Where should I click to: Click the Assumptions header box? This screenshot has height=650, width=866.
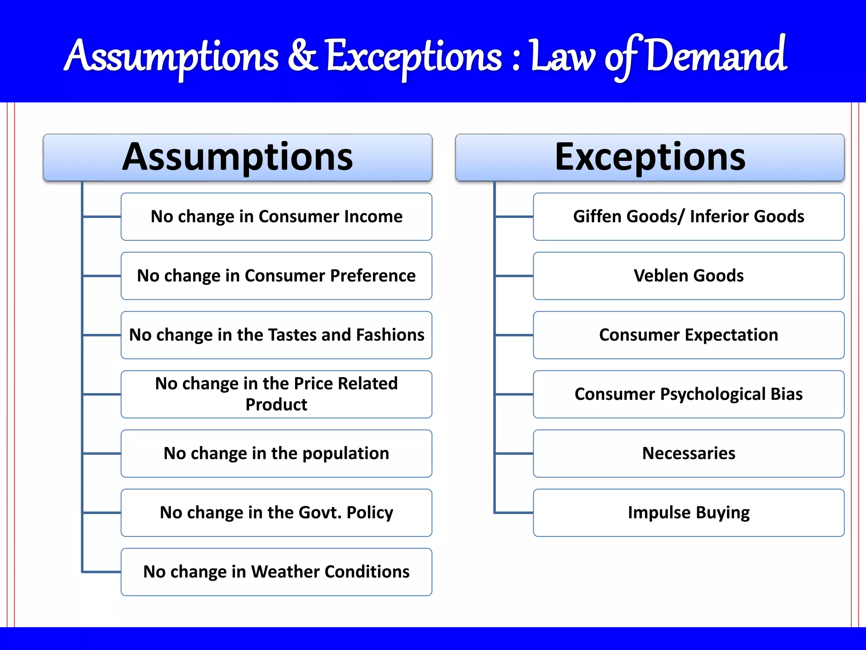[x=238, y=157]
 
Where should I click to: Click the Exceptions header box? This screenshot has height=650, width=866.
[x=649, y=157]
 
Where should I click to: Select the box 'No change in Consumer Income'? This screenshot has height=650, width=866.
[x=277, y=217]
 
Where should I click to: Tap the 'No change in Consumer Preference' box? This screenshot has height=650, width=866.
[x=277, y=276]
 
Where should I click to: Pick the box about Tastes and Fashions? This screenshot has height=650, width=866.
[x=277, y=335]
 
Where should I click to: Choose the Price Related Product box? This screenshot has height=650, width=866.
[x=277, y=394]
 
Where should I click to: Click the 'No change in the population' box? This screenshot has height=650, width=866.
[x=277, y=454]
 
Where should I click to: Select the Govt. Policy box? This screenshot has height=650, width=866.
[x=277, y=513]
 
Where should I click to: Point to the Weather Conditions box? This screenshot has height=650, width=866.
[x=277, y=572]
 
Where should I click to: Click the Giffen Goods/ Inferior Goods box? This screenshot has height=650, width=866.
[x=688, y=217]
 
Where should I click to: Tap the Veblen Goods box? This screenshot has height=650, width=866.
[x=688, y=276]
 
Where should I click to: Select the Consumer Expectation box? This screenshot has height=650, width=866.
[x=688, y=335]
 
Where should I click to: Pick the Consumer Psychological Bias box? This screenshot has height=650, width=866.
[x=688, y=394]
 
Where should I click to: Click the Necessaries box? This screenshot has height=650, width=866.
[x=688, y=454]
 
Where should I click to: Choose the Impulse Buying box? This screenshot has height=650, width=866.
[x=688, y=513]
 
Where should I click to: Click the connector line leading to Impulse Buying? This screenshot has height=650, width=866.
[x=514, y=513]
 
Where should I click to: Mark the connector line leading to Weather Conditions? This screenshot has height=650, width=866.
[x=102, y=572]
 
